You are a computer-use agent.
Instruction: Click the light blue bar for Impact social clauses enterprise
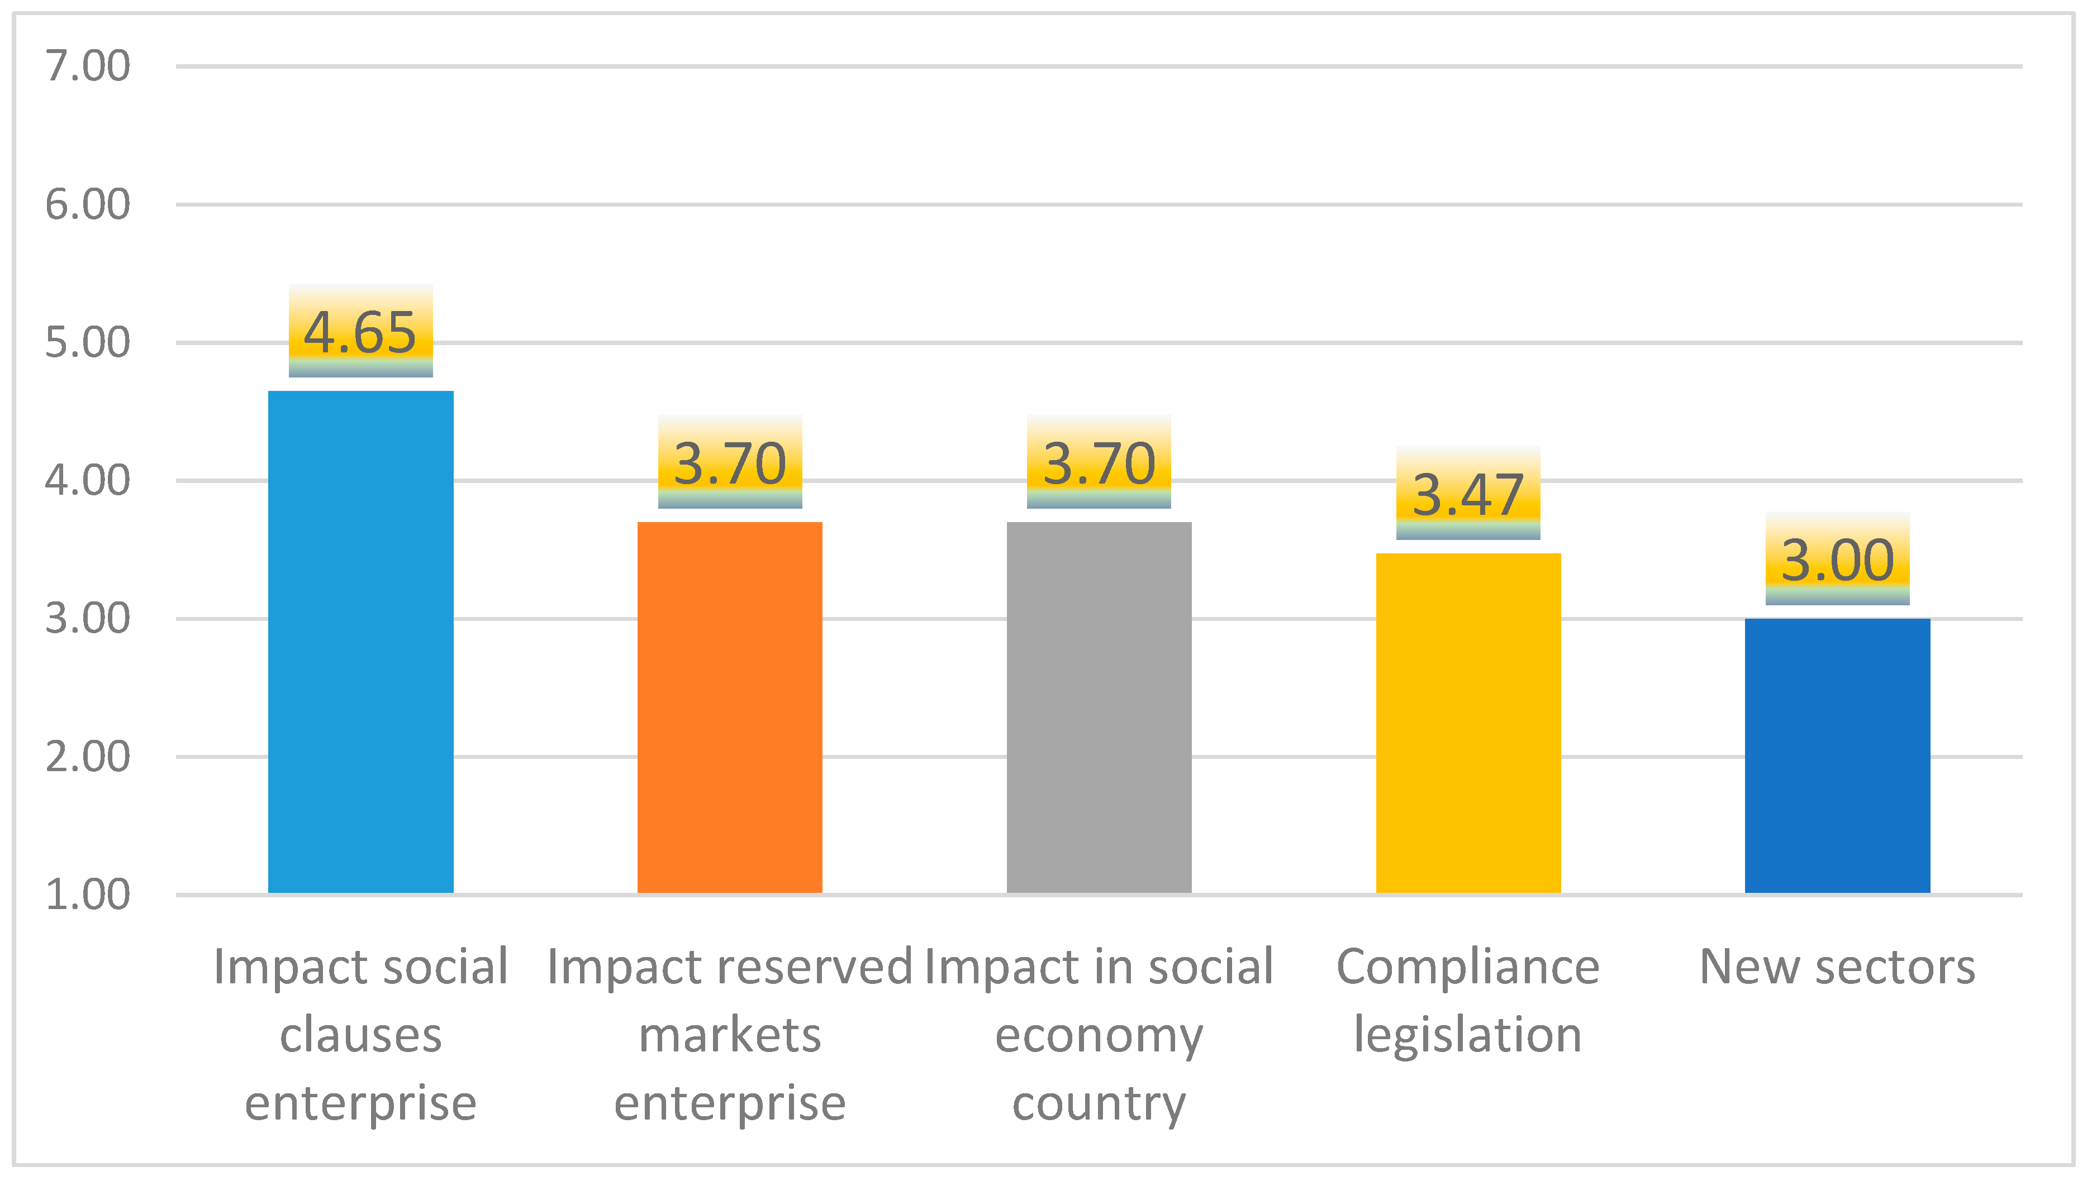click(x=360, y=641)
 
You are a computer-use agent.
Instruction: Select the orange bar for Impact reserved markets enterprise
click(x=730, y=706)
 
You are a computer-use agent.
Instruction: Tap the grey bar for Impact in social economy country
click(x=1099, y=706)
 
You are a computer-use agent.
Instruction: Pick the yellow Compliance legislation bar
click(x=1468, y=722)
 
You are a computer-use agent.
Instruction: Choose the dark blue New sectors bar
click(x=1837, y=754)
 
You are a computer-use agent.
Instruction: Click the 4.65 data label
click(x=360, y=333)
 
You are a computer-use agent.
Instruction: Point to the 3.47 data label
click(x=1468, y=495)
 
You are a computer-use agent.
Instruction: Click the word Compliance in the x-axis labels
click(x=1468, y=967)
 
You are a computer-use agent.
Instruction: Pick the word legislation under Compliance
click(x=1468, y=1035)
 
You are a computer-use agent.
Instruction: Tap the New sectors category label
click(x=1837, y=967)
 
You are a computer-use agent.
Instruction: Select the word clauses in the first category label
click(x=360, y=1035)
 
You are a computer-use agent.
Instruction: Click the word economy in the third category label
click(x=1099, y=1036)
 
